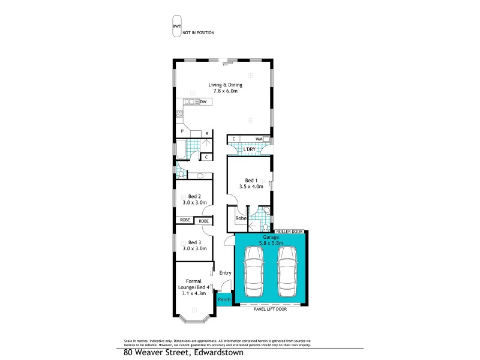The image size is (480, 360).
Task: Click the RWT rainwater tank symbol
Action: [x=177, y=26]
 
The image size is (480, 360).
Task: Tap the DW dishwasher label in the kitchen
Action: [x=203, y=102]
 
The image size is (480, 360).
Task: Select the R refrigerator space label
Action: [x=206, y=133]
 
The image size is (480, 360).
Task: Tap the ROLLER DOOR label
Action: [x=289, y=231]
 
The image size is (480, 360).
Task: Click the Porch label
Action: [x=224, y=299]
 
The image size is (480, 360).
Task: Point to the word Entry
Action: [x=225, y=273]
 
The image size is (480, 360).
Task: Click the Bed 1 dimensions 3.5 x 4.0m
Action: [x=251, y=187]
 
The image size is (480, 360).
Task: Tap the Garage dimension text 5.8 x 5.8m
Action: [x=271, y=243]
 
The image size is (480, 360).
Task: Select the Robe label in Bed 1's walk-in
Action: [x=239, y=218]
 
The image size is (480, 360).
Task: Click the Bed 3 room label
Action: [x=194, y=242]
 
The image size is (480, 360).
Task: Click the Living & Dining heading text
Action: [x=225, y=85]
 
